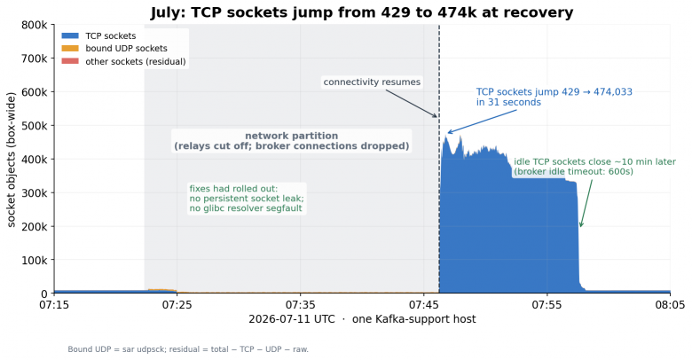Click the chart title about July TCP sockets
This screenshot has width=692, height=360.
(x=362, y=12)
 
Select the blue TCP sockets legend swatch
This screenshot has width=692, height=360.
(x=70, y=35)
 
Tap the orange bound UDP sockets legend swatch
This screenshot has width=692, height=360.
(x=70, y=49)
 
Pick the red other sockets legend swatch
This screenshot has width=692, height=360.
(x=70, y=61)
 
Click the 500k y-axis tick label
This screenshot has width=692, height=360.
(x=35, y=126)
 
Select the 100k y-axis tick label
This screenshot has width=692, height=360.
(x=35, y=261)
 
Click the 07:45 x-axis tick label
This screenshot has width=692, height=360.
(x=424, y=305)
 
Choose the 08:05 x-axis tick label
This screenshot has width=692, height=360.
(x=671, y=305)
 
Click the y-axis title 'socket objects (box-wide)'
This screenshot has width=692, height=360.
(x=11, y=160)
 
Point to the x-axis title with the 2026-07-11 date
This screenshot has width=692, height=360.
(x=362, y=319)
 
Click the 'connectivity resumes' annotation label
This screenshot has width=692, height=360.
(x=372, y=82)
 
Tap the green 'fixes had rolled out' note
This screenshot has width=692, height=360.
(x=247, y=199)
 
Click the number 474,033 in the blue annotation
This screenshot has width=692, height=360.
(x=612, y=91)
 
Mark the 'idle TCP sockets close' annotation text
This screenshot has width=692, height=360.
(x=594, y=167)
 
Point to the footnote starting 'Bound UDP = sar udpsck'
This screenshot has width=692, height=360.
(x=188, y=349)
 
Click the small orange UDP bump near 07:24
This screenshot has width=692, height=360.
(x=161, y=290)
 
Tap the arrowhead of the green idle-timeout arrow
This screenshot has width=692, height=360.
(x=581, y=225)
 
